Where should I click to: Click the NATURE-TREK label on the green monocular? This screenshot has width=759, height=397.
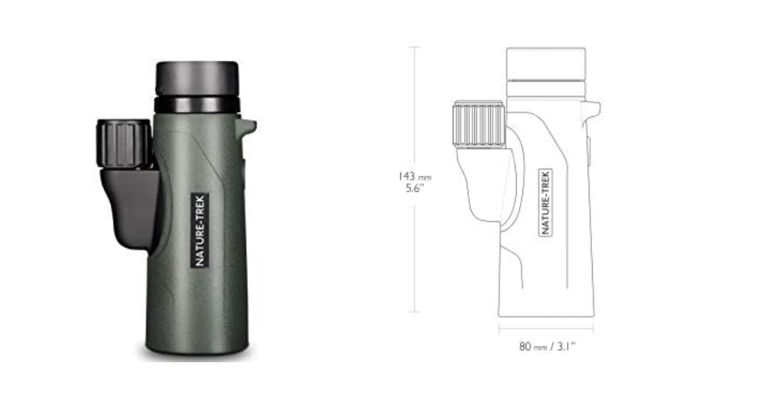200,231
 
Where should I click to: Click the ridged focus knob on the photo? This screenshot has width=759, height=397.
123,144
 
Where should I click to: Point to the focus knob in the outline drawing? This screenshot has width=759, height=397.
479,124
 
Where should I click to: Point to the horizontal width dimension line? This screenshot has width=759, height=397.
546,328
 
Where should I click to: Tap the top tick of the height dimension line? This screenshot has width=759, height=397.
415,47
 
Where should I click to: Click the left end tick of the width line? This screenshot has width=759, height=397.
499,328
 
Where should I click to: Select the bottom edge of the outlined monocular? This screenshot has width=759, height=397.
546,316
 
